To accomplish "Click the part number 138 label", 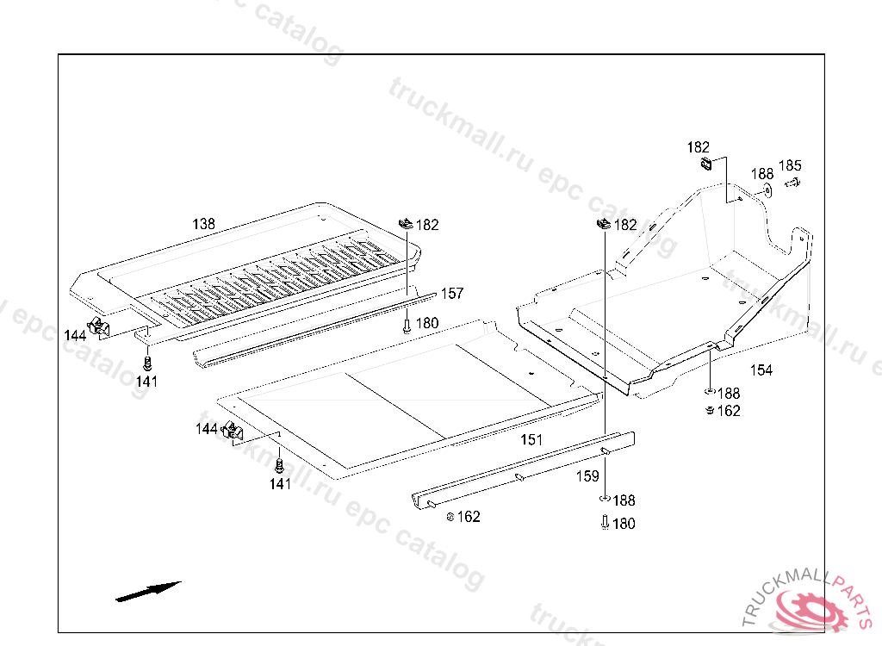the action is [x=203, y=224].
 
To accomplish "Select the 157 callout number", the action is [x=452, y=293].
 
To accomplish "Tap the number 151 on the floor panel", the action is [x=531, y=439].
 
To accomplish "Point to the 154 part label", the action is [x=761, y=370].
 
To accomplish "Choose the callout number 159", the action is [x=587, y=476].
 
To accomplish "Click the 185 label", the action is [x=790, y=165].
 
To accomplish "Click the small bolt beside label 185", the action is [x=793, y=183].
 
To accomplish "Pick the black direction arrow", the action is [x=148, y=592].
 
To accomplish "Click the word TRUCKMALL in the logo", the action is [x=782, y=591].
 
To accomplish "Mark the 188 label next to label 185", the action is [x=762, y=174].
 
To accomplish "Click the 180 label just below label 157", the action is [x=427, y=323].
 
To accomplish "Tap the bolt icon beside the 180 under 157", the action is [x=407, y=326].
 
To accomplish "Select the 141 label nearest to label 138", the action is [x=146, y=381].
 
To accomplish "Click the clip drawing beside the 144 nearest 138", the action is [x=98, y=326].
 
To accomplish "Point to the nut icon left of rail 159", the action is [x=450, y=517].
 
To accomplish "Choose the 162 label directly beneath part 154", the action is [x=729, y=411].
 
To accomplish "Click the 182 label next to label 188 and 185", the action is [x=698, y=147].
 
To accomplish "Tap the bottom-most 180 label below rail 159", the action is [x=624, y=524].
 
